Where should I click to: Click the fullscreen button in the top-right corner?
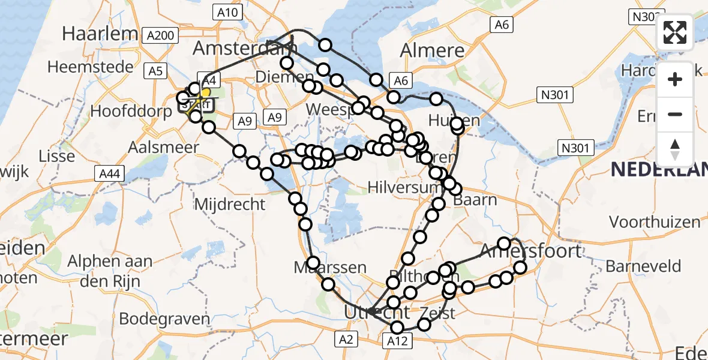(x=675, y=33)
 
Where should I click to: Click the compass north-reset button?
(x=675, y=149)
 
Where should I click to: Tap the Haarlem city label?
(x=100, y=34)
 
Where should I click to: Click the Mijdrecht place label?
(x=230, y=204)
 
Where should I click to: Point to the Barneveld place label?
(x=643, y=266)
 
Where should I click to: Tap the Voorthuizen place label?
(x=655, y=222)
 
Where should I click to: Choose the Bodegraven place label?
(x=164, y=319)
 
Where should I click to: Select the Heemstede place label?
(x=91, y=67)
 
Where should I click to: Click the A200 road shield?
(x=160, y=36)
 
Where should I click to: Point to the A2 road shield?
(x=346, y=340)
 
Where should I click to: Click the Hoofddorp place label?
(x=131, y=112)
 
